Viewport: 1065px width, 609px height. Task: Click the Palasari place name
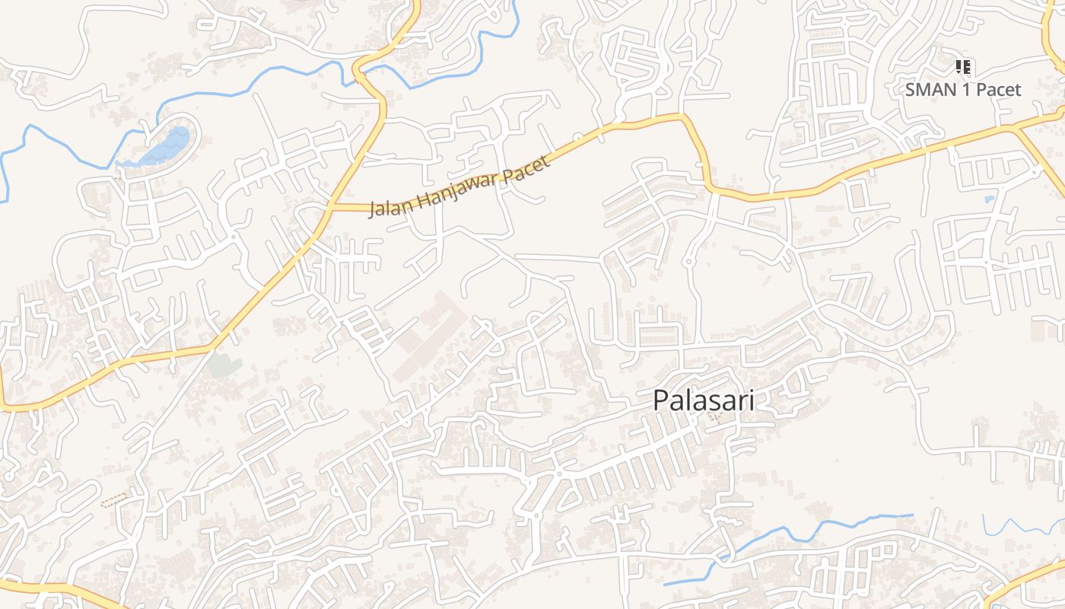(704, 400)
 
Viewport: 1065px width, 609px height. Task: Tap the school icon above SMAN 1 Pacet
(963, 67)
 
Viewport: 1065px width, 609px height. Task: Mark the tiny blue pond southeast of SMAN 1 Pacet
(989, 199)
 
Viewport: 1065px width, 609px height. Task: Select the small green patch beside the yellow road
(224, 366)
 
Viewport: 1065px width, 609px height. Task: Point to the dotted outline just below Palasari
(714, 416)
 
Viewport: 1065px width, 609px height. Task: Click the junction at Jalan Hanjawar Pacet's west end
(330, 206)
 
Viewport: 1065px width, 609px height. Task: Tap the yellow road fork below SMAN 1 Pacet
(1016, 127)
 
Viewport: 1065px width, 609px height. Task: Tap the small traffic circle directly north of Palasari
(688, 261)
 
